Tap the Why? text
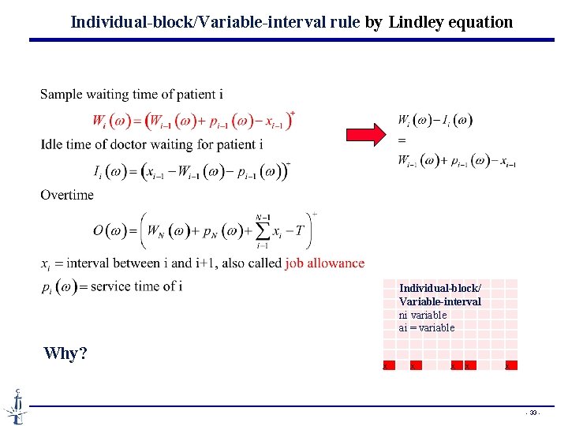pyautogui.click(x=65, y=353)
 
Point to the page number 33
pyautogui.click(x=534, y=413)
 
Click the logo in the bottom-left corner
pyautogui.click(x=16, y=405)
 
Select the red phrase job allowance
pyautogui.click(x=325, y=263)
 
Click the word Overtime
pyautogui.click(x=67, y=195)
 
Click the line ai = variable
pyautogui.click(x=427, y=327)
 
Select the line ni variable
pyautogui.click(x=423, y=315)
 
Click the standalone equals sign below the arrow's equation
pyautogui.click(x=402, y=140)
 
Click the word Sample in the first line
pyautogui.click(x=62, y=95)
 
